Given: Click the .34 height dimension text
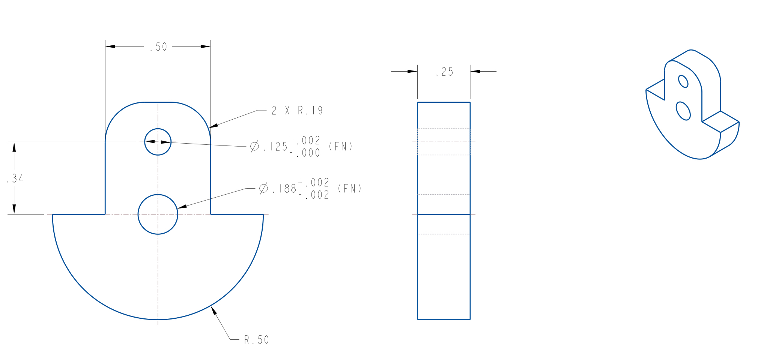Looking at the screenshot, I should point(15,178).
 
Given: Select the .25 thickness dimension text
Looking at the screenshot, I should point(445,72).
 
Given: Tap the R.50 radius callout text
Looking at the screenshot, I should point(257,340).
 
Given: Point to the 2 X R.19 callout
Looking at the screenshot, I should point(297,111).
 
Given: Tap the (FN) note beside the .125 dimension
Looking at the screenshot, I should point(341,147).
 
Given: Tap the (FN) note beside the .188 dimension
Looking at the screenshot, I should point(349,189).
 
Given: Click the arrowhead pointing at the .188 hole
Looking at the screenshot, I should point(182,206).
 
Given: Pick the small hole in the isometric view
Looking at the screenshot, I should point(683,81).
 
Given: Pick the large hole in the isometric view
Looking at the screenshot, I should point(683,111).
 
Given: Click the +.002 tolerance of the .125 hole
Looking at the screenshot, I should point(305,141).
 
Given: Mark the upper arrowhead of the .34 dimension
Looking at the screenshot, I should point(14,147).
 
